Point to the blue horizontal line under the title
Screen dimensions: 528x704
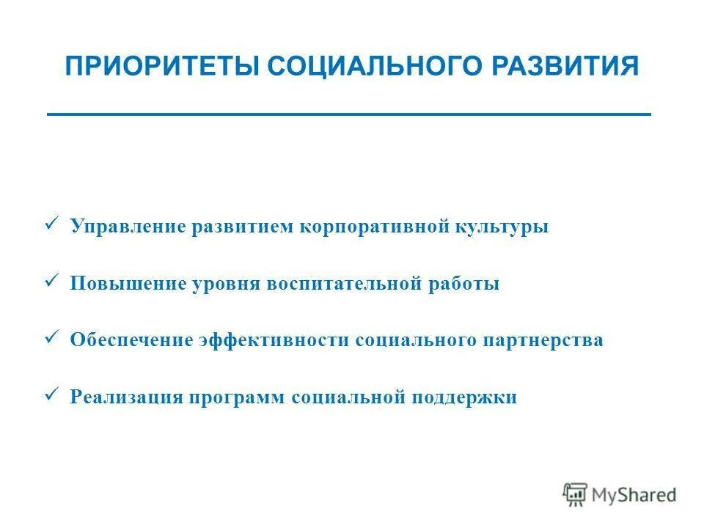coord(349,114)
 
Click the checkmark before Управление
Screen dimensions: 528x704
coord(51,223)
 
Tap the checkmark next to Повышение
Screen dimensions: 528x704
coord(51,280)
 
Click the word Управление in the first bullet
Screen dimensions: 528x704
coord(128,227)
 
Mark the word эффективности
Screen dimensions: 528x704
coord(274,340)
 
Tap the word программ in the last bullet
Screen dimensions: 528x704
coord(237,397)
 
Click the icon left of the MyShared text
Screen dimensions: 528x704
coord(576,495)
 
